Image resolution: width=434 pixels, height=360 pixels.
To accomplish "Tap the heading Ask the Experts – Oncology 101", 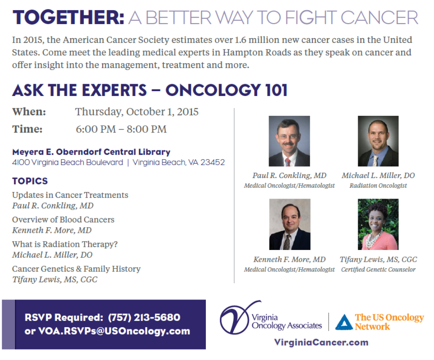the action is (x=150, y=90).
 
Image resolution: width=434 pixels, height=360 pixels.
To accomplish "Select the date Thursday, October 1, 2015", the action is (x=137, y=112).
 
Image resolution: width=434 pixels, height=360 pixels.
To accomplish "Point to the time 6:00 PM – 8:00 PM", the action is (x=121, y=129).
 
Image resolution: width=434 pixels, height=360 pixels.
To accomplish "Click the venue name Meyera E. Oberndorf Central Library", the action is (x=91, y=152).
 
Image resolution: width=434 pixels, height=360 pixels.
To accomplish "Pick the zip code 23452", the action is (x=212, y=162).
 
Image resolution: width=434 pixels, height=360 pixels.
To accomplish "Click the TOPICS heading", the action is (x=30, y=181).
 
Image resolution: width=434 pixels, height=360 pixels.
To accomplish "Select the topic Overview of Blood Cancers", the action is (x=63, y=220).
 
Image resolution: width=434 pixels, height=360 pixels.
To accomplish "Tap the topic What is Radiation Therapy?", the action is (x=65, y=244).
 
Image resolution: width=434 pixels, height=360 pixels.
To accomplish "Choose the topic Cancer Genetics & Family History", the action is (x=76, y=269).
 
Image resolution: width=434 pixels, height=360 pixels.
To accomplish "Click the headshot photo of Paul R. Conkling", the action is (x=289, y=141).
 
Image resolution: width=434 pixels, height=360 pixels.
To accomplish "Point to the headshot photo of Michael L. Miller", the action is (x=378, y=141).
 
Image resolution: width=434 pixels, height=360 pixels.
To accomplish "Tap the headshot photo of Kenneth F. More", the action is (x=290, y=224).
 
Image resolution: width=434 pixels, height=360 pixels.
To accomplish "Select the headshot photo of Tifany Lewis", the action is (x=378, y=224).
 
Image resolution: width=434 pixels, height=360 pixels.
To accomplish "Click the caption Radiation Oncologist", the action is (x=378, y=185).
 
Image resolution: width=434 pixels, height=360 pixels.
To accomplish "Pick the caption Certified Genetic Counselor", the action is (x=378, y=269).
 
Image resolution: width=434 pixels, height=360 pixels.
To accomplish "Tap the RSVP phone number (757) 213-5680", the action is (x=144, y=317).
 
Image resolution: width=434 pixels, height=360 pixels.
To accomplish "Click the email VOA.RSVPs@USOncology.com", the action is (x=114, y=331).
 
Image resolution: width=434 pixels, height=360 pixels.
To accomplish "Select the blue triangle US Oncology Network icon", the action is (x=344, y=322).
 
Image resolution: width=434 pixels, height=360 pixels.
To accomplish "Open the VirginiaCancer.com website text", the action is (x=321, y=342).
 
